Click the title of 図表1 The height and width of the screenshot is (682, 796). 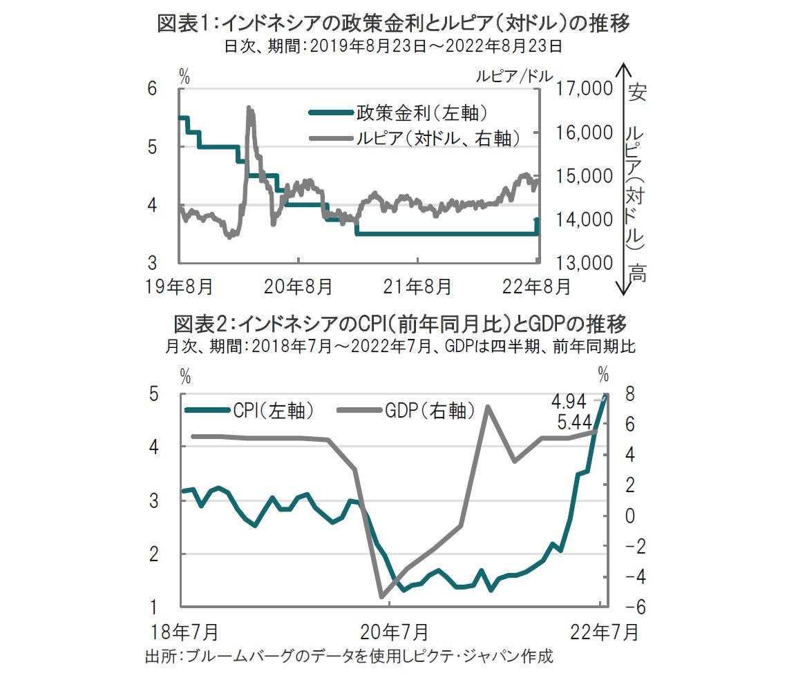point(394,24)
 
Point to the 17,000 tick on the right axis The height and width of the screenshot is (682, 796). point(584,89)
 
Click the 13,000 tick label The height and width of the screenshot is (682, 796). point(584,264)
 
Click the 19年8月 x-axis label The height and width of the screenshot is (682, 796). point(178,284)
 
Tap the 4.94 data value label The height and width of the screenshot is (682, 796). point(569,401)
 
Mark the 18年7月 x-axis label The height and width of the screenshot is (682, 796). point(181,631)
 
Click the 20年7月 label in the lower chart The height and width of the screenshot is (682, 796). point(390,631)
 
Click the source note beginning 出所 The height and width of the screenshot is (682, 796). point(349,656)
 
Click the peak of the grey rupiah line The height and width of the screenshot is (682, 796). point(249,108)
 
